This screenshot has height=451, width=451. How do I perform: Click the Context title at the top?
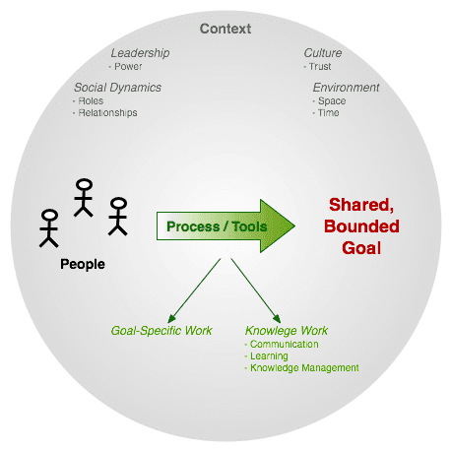click(x=225, y=29)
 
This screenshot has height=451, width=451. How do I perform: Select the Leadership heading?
click(x=140, y=53)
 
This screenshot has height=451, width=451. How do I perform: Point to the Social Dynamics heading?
click(x=117, y=88)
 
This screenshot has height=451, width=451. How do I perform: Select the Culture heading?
click(x=323, y=53)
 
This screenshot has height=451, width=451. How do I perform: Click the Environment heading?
click(x=346, y=88)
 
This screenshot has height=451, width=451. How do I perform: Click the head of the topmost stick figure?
click(x=84, y=185)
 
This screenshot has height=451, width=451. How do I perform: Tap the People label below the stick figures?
click(x=83, y=264)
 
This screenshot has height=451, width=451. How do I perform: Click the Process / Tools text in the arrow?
click(x=217, y=226)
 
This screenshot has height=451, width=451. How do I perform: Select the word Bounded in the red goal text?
click(x=361, y=226)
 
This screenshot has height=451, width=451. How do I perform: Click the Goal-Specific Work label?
click(x=161, y=331)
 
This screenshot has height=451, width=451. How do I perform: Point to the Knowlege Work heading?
click(x=287, y=331)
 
